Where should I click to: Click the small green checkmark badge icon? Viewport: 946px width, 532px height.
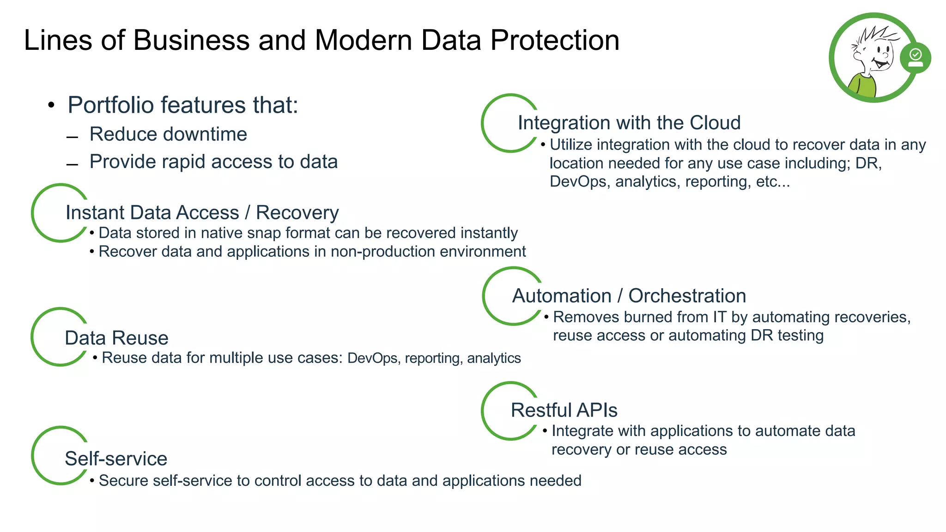(916, 58)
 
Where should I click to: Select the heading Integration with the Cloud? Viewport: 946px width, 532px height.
(629, 123)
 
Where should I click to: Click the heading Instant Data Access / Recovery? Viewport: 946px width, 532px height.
(202, 212)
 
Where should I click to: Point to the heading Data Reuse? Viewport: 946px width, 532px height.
(116, 338)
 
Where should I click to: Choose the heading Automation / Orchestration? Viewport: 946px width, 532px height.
(629, 296)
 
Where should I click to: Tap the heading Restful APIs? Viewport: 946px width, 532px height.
(564, 410)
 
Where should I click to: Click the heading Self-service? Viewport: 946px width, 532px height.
(116, 459)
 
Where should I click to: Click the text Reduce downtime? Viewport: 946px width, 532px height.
(168, 134)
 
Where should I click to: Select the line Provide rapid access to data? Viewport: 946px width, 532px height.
(213, 162)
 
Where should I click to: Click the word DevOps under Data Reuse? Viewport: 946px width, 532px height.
(372, 358)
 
